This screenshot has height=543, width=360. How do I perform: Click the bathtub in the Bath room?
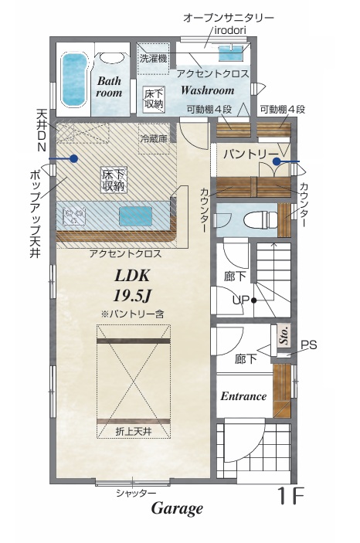tap(74, 80)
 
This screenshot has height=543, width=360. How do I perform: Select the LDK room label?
tap(132, 276)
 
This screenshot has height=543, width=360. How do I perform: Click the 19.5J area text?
tap(132, 295)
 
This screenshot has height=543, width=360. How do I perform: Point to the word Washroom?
tap(208, 90)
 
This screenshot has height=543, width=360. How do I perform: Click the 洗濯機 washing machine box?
tap(153, 58)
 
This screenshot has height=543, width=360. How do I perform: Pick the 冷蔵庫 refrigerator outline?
tap(155, 139)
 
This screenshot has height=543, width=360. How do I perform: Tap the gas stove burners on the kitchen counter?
tap(74, 216)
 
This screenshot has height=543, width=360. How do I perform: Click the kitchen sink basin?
tap(135, 216)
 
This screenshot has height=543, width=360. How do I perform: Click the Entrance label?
tap(243, 396)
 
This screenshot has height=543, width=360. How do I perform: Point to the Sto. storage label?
tap(284, 335)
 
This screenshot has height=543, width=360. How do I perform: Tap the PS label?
tap(308, 345)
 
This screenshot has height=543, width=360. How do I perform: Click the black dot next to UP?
tap(254, 300)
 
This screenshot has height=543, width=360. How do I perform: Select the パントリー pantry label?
tap(251, 154)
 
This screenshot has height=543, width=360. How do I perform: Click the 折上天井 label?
tap(134, 432)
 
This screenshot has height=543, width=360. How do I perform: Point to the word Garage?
tap(177, 508)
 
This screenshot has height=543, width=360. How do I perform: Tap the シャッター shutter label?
tap(136, 493)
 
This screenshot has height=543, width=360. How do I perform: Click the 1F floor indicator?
tap(291, 496)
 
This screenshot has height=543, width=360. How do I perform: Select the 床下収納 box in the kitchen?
tap(114, 180)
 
